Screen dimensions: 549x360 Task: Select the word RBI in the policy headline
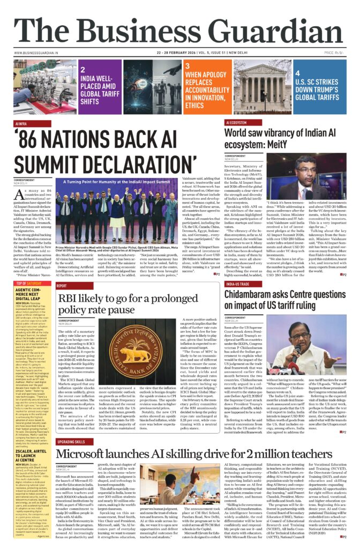pos(71,299)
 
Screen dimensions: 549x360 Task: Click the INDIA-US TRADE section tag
pos(238,284)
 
